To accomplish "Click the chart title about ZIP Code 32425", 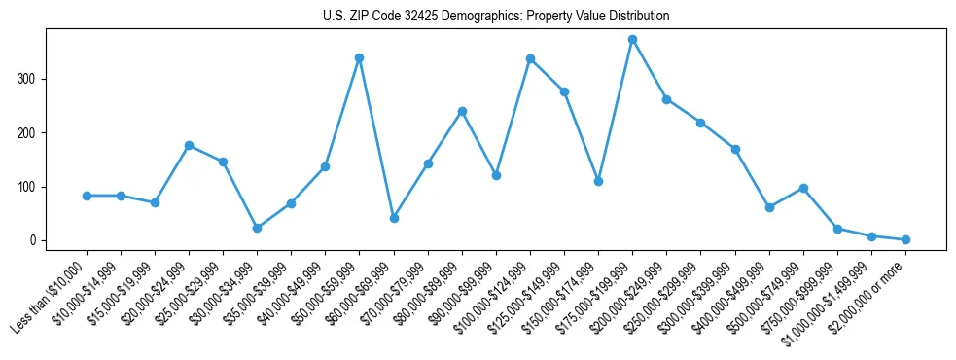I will (496, 17).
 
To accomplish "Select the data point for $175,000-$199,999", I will (632, 40).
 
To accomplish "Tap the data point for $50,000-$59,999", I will (359, 57).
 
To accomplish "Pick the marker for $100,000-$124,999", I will (530, 58).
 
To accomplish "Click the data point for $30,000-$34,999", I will (257, 228).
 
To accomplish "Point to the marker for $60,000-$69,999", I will (394, 218).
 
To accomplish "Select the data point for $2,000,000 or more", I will (905, 239).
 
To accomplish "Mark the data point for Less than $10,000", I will (87, 196).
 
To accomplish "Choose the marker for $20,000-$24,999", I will (189, 145).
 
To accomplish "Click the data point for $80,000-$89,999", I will (462, 111).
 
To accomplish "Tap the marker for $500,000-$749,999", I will (803, 188).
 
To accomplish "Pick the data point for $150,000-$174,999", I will (598, 181).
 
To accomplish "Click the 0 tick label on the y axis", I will (40, 240).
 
